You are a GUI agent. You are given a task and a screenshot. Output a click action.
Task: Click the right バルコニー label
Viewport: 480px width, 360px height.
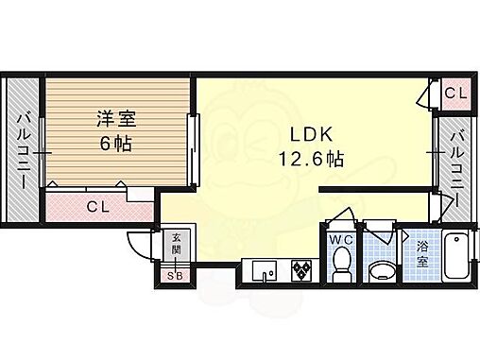click(x=455, y=161)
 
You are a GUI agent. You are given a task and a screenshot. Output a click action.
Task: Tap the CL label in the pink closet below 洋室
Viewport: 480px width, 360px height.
click(x=97, y=206)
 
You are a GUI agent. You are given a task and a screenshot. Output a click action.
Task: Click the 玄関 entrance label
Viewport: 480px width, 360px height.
click(x=176, y=249)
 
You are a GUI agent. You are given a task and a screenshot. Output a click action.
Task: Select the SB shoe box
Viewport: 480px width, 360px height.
click(x=175, y=275)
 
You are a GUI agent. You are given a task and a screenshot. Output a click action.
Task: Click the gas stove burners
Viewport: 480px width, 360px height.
click(x=302, y=270)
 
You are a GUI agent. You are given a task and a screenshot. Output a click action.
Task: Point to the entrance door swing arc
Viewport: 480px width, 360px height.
click(x=142, y=244)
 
